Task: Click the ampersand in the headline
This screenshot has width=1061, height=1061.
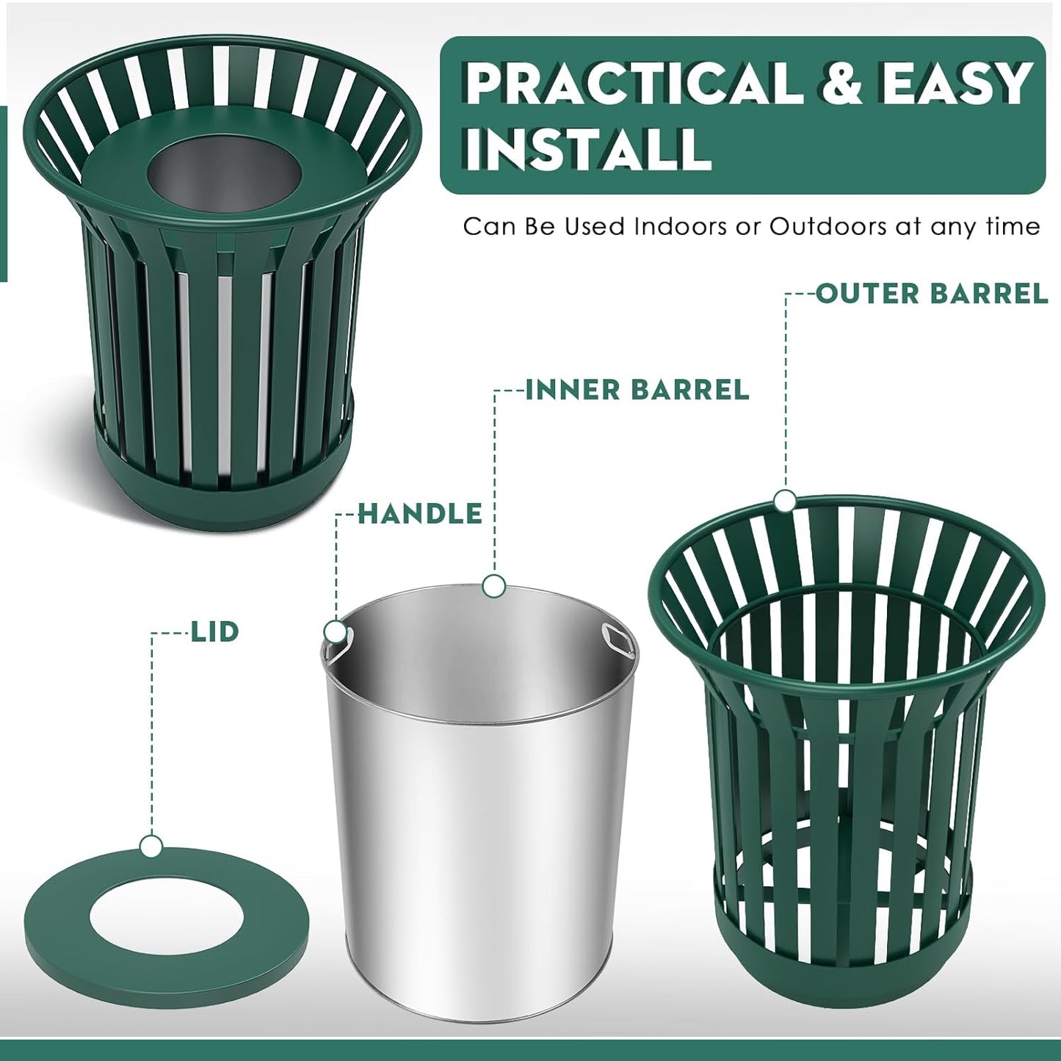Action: click(844, 83)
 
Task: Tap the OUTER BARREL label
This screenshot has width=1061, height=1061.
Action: click(932, 294)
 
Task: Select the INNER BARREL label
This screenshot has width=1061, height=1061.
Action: click(637, 390)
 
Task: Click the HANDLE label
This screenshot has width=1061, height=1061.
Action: click(420, 514)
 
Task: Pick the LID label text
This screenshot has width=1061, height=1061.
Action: click(215, 631)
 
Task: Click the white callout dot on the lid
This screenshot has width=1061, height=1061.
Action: click(151, 847)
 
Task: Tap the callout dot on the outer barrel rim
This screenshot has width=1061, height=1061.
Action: click(785, 501)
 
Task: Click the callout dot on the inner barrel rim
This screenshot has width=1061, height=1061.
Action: click(494, 586)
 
